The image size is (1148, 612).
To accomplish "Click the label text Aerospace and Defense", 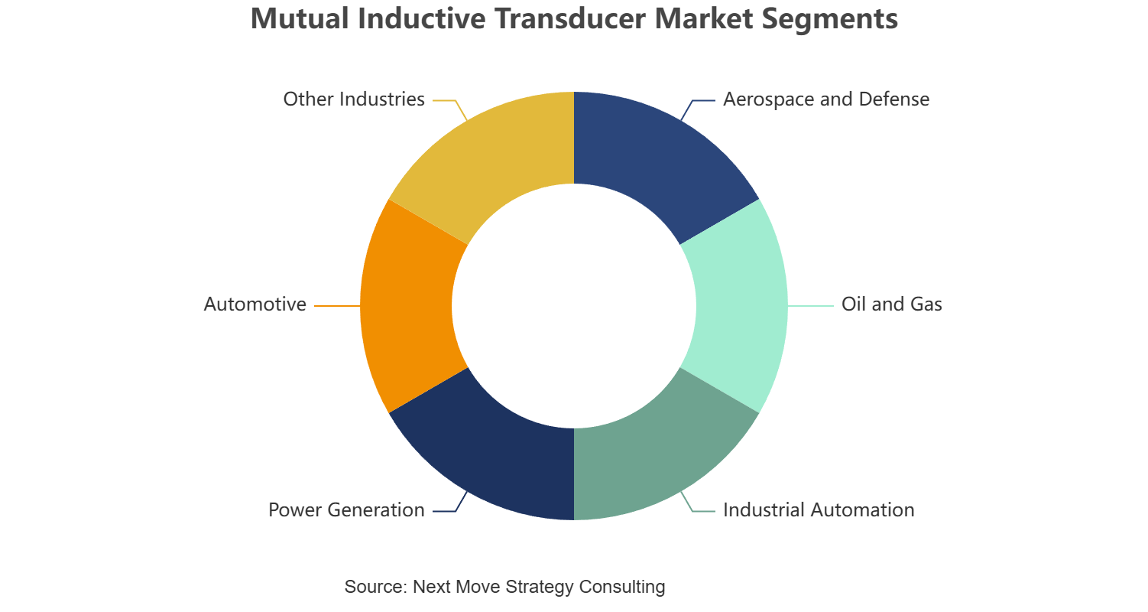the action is pyautogui.click(x=826, y=99).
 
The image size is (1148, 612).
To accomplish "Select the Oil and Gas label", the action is pyautogui.click(x=892, y=304).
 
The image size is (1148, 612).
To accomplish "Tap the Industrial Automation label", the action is pyautogui.click(x=819, y=510).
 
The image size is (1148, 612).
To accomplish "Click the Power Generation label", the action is pyautogui.click(x=346, y=510).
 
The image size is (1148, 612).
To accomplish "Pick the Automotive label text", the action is pyautogui.click(x=255, y=304).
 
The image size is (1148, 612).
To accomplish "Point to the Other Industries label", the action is pyautogui.click(x=354, y=99).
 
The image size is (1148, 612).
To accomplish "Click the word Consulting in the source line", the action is pyautogui.click(x=622, y=587).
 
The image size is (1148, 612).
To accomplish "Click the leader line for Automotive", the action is pyautogui.click(x=337, y=306).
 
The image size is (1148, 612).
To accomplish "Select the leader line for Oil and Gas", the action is pyautogui.click(x=811, y=306).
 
